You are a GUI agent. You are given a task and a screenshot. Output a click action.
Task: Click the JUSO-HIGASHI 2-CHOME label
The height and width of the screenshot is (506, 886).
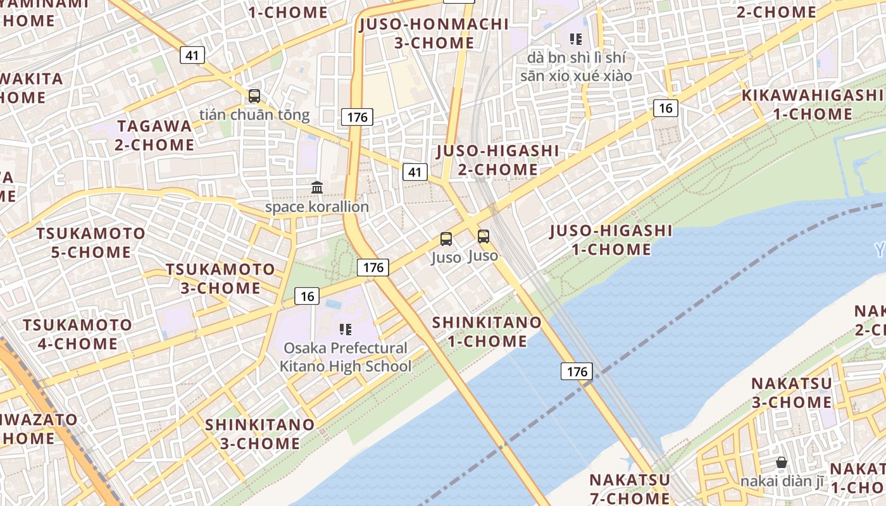coord(497,160)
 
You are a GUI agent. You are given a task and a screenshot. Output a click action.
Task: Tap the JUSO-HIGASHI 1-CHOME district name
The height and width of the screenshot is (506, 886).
coord(611,240)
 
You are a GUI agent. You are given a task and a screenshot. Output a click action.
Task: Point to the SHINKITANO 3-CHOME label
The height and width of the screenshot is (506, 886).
coord(259,433)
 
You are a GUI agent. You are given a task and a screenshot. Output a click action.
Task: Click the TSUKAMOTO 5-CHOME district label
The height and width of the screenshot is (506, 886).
coord(90,242)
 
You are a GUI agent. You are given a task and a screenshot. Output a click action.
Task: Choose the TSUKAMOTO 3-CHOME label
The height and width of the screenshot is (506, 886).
coord(220,278)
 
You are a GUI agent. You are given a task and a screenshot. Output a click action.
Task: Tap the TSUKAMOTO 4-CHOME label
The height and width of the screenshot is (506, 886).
coord(78,335)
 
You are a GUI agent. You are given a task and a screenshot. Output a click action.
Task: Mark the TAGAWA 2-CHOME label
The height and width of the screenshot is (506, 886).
coord(154,135)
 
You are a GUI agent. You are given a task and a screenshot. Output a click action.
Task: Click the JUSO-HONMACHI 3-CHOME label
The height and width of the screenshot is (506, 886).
coord(434,34)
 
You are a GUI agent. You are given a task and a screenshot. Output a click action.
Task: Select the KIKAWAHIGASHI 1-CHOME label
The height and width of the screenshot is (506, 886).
coord(813,104)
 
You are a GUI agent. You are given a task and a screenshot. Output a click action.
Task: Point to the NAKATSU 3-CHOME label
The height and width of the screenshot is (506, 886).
coord(791,392)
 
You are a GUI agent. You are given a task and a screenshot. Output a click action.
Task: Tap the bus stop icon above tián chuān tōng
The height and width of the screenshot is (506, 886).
coord(254,96)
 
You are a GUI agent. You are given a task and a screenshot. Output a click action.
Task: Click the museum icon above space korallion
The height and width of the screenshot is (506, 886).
coord(317,187)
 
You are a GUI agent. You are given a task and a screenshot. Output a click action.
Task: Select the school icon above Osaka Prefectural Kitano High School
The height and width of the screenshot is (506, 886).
coord(346,329)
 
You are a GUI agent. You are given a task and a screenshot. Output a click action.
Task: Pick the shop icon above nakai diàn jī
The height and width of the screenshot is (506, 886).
coord(782,462)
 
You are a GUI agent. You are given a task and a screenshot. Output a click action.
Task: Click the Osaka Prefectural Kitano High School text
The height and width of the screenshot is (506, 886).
coord(346,357)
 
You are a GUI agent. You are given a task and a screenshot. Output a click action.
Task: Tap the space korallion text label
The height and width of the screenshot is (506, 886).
coord(316,207)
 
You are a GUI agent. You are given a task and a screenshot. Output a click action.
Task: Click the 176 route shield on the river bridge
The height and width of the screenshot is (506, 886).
coord(577,371)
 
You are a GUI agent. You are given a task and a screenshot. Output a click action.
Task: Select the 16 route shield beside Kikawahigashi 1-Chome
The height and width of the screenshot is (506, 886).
coord(665,108)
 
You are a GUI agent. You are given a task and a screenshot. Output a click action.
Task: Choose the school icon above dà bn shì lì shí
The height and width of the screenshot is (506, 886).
coord(575,39)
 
